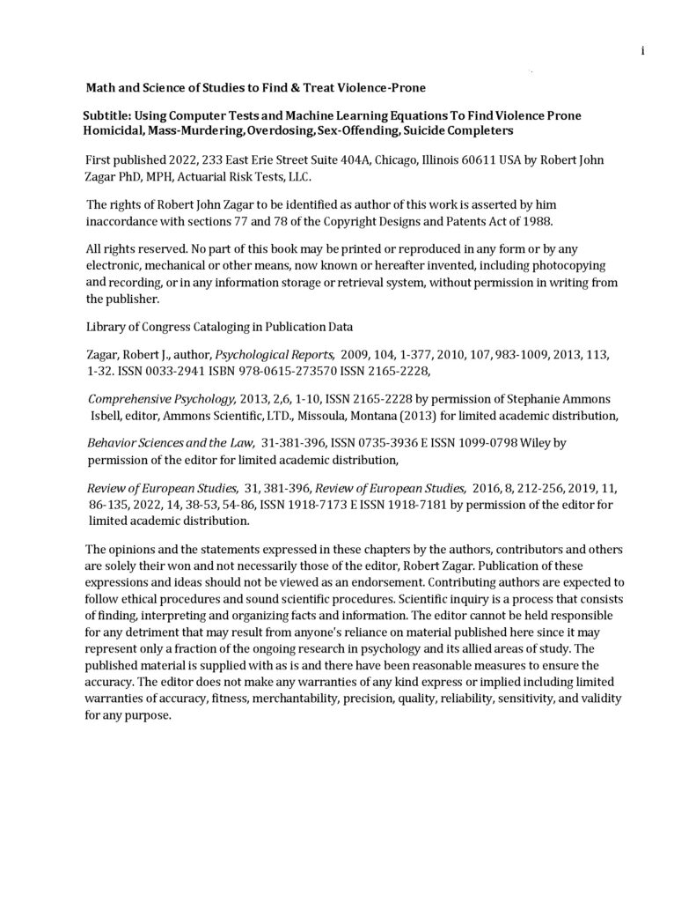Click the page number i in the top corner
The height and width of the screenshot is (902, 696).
[643, 50]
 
